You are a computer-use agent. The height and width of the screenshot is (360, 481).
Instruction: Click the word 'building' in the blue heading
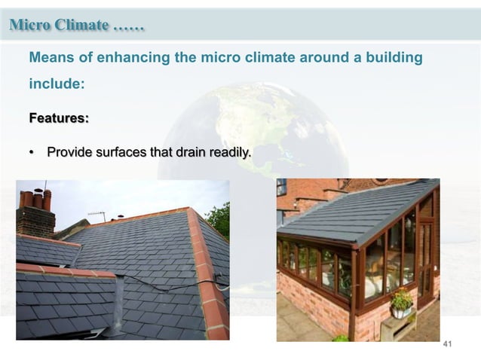[x=392, y=58]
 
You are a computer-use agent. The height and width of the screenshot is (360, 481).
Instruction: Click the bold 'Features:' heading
[x=59, y=118]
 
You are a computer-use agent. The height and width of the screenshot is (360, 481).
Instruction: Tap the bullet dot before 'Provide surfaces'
[x=32, y=154]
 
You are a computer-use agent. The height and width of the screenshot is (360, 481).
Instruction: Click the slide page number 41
[x=447, y=344]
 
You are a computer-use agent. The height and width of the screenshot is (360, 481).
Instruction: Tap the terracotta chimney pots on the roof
[x=35, y=199]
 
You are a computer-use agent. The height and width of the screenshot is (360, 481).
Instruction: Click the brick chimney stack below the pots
[x=35, y=221]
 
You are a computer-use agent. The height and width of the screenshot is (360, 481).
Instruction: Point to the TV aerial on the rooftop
[x=97, y=215]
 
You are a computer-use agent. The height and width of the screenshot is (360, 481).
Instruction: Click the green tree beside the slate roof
[x=219, y=218]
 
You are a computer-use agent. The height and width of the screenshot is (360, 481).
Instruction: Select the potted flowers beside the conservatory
[x=401, y=301]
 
